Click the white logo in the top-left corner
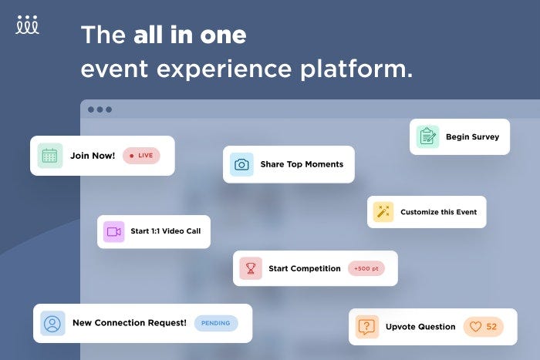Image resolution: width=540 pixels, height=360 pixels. pyautogui.click(x=28, y=25)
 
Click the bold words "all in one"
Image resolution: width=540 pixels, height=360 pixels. pyautogui.click(x=190, y=35)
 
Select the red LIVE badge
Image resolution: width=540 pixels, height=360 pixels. pyautogui.click(x=141, y=156)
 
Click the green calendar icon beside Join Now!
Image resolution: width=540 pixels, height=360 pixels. pyautogui.click(x=50, y=156)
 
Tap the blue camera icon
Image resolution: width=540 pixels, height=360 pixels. pyautogui.click(x=241, y=164)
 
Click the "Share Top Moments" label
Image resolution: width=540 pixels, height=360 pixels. pyautogui.click(x=302, y=164)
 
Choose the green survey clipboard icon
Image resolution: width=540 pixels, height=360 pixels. pyautogui.click(x=427, y=137)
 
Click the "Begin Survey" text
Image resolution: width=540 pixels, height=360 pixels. pyautogui.click(x=472, y=137)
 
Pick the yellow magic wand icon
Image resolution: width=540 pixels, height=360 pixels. pyautogui.click(x=383, y=212)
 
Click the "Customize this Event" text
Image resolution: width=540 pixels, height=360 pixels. pyautogui.click(x=438, y=212)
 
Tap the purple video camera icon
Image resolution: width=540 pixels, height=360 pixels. pyautogui.click(x=114, y=231)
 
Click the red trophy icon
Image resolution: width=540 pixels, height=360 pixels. pyautogui.click(x=251, y=268)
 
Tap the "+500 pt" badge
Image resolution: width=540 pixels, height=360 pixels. pyautogui.click(x=366, y=268)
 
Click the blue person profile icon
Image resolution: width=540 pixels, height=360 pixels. pyautogui.click(x=52, y=323)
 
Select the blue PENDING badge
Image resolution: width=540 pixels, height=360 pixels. pyautogui.click(x=216, y=323)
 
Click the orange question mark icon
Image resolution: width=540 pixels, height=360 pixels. pyautogui.click(x=367, y=327)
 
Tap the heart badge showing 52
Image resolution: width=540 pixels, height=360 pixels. pyautogui.click(x=484, y=327)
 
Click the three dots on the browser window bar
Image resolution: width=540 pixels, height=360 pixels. pyautogui.click(x=100, y=109)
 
